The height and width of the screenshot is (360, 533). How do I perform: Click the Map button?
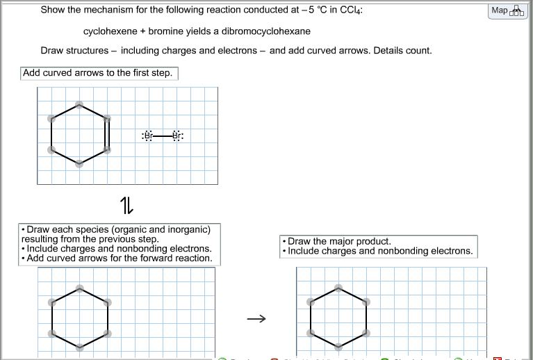coord(507,10)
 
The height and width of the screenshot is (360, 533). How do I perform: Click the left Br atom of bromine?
coord(147,136)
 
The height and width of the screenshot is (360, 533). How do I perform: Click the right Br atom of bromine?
coord(177,136)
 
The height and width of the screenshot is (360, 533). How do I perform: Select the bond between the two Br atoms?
coord(162,136)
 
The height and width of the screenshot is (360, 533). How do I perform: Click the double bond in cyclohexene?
coord(108,134)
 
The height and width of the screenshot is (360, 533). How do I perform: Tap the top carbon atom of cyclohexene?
coord(79,106)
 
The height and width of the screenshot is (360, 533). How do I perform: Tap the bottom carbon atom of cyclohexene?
coord(79,164)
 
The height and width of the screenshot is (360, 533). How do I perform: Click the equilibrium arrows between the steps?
coord(126,205)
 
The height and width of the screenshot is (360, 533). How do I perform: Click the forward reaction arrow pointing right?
coord(256,319)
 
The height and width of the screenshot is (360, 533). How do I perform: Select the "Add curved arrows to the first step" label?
coord(97,73)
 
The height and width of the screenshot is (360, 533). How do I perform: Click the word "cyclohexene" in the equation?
coord(110,31)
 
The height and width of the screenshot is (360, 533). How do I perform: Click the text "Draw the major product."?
coord(339,241)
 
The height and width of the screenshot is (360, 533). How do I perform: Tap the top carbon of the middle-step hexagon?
coord(79,288)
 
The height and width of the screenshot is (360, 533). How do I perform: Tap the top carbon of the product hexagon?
coord(338,288)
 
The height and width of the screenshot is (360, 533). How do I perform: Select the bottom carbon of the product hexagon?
coord(338,346)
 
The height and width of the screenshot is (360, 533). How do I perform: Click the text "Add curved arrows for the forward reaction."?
coord(119,258)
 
